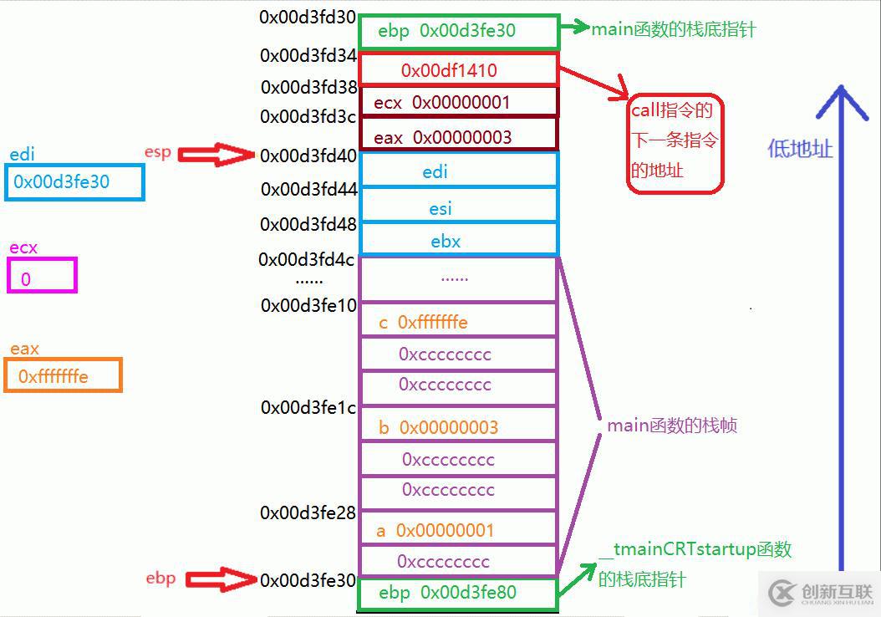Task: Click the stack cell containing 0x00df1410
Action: [x=458, y=69]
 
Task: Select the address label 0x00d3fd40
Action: [x=308, y=155]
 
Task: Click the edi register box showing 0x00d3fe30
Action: [x=74, y=181]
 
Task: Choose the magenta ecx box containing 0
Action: [x=43, y=276]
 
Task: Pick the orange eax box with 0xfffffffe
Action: [x=64, y=375]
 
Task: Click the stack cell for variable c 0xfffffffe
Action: [x=458, y=322]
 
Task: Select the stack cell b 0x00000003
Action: [x=458, y=427]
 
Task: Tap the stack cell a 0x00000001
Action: [x=458, y=530]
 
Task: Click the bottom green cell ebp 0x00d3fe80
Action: [x=458, y=593]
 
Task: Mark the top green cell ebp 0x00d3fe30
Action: [x=458, y=32]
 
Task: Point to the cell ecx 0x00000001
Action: [x=458, y=102]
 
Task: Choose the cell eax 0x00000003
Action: [x=458, y=136]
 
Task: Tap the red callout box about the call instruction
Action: [x=675, y=143]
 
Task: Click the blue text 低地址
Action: [x=800, y=149]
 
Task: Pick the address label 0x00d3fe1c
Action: [x=308, y=407]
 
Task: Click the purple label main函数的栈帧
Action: [x=672, y=426]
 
